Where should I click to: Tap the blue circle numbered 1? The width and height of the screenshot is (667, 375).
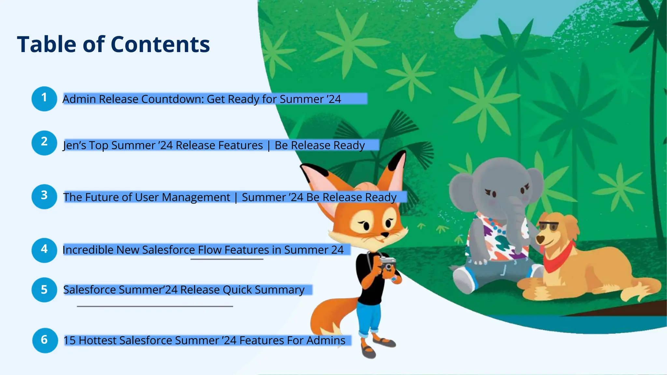tap(44, 98)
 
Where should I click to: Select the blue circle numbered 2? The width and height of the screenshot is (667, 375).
tap(44, 143)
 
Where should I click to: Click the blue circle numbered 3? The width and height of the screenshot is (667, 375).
tap(44, 196)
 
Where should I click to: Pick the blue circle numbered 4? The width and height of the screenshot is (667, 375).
tap(44, 250)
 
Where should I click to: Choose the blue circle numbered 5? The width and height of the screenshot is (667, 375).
tap(44, 289)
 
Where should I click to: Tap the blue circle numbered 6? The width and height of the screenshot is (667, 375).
tap(45, 340)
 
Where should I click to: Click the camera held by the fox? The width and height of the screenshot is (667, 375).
tap(387, 263)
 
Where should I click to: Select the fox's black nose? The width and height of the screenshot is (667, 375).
tap(385, 234)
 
